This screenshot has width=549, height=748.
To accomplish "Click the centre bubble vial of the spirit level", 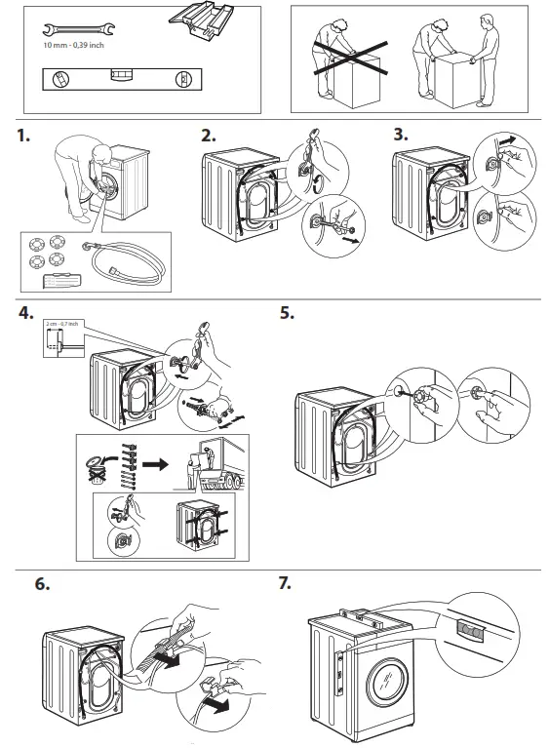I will [x=122, y=77].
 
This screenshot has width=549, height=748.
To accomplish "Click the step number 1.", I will [x=24, y=138].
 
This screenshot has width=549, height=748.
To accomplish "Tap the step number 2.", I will [x=208, y=138].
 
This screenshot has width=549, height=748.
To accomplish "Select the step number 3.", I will [x=401, y=138].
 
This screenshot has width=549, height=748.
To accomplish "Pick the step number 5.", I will [x=287, y=315].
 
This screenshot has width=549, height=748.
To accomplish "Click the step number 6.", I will [x=43, y=586].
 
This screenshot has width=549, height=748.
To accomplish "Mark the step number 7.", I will [x=287, y=586].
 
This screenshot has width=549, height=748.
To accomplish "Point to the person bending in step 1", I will [x=80, y=166].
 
